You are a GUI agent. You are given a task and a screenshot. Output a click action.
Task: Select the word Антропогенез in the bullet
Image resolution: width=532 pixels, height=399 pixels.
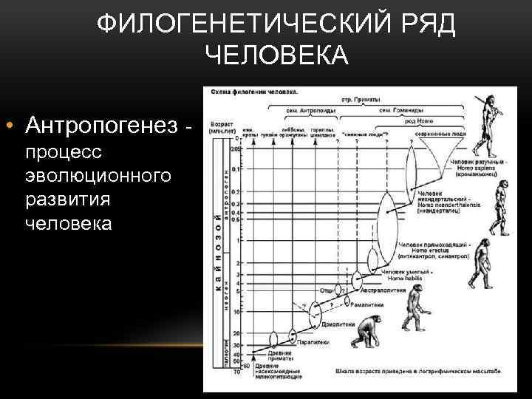coord(103,126)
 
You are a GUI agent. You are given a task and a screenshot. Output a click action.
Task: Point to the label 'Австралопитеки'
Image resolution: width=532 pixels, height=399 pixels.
coord(383,290)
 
